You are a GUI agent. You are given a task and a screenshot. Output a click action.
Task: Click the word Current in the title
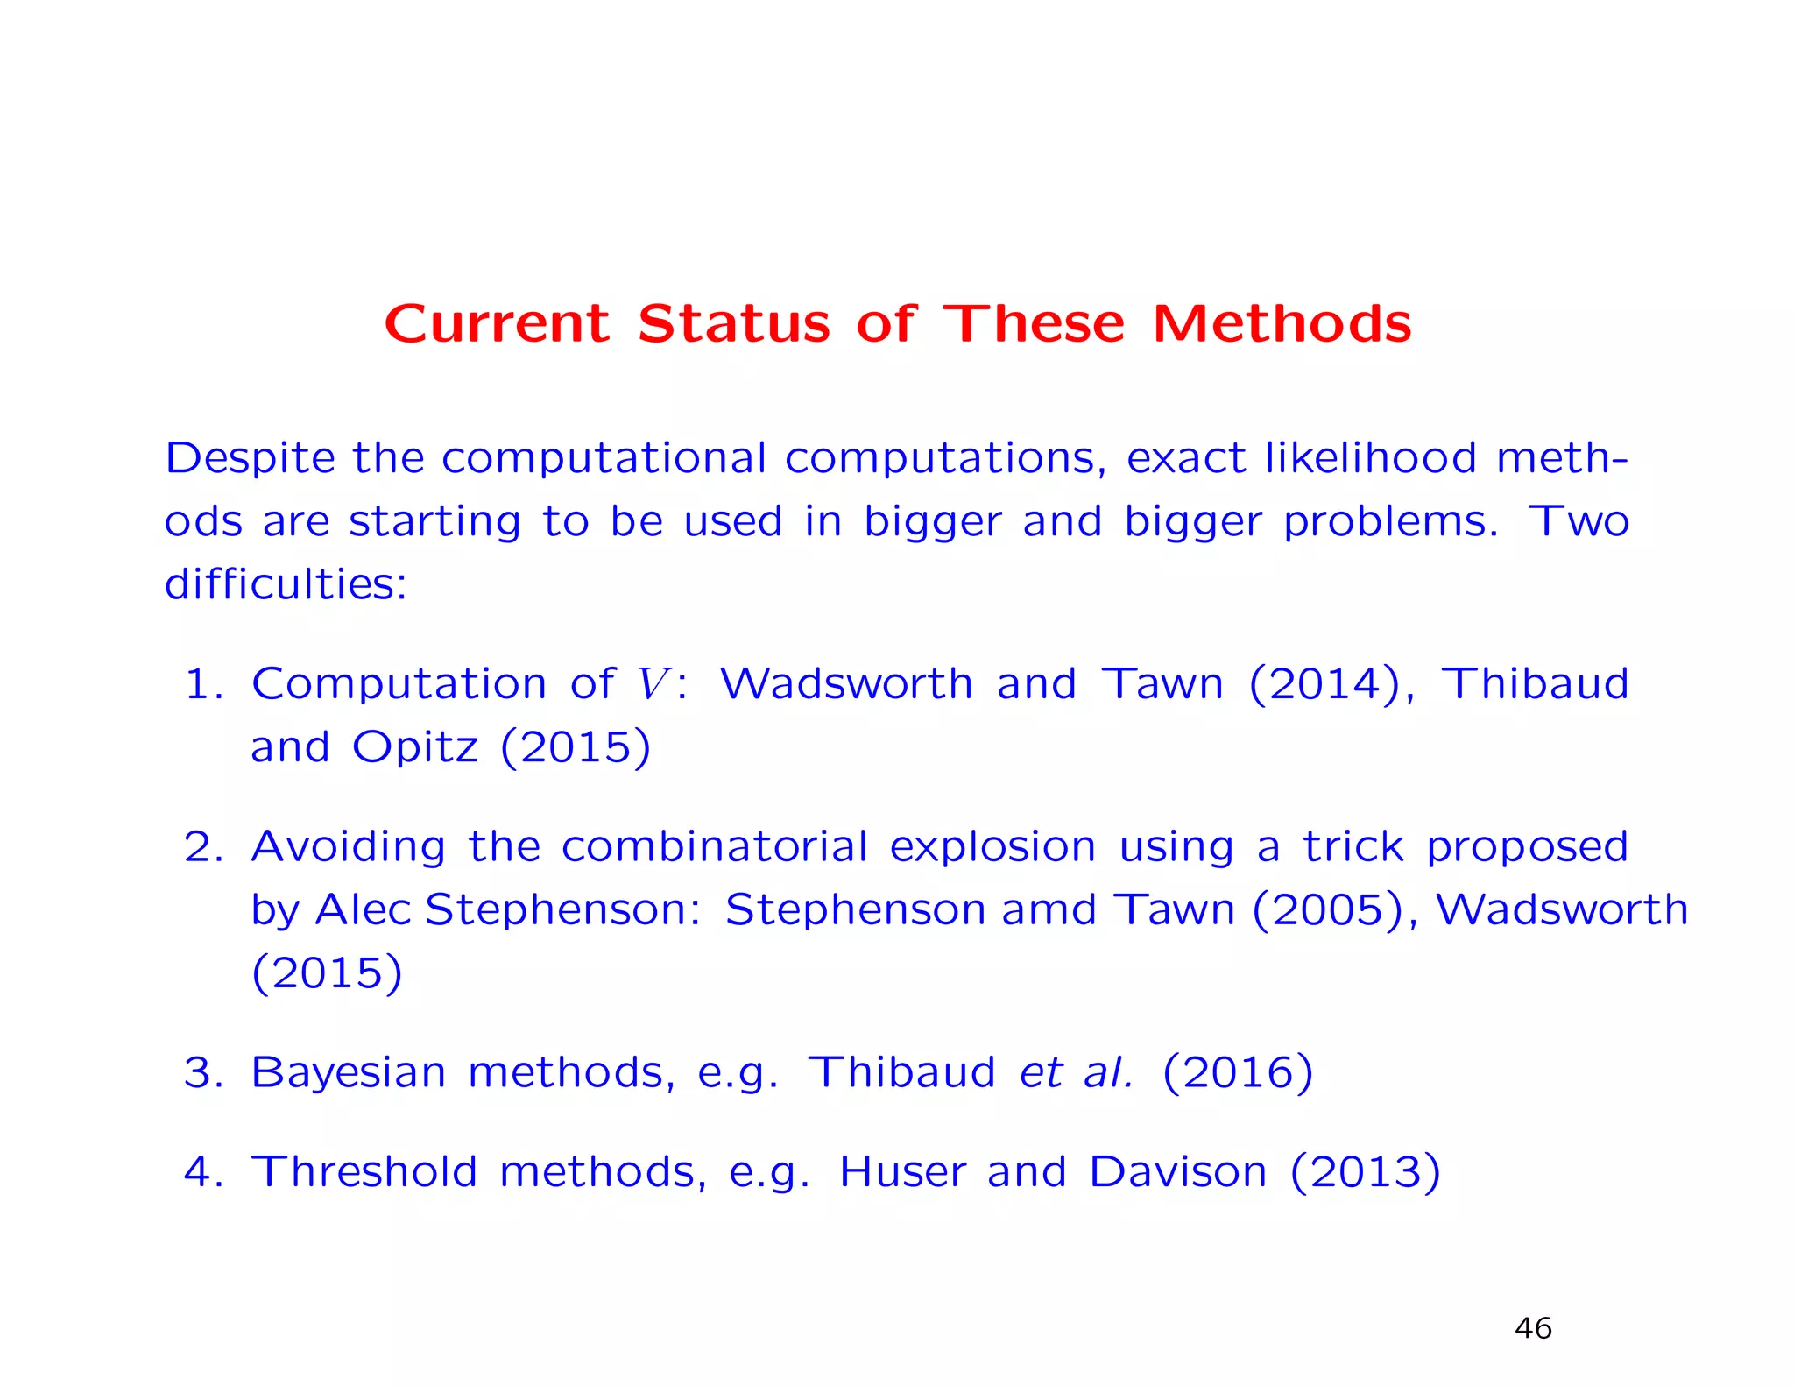pyautogui.click(x=497, y=323)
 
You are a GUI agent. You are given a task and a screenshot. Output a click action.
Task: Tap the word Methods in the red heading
pyautogui.click(x=1282, y=323)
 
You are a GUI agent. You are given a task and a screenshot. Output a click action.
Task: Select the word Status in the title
pyautogui.click(x=733, y=323)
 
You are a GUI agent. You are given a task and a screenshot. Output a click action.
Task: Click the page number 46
pyautogui.click(x=1533, y=1328)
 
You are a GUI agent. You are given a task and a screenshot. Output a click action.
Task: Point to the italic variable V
pyautogui.click(x=653, y=683)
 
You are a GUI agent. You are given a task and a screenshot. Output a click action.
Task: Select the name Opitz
pyautogui.click(x=415, y=747)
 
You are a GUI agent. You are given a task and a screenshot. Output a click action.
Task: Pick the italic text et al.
pyautogui.click(x=1076, y=1072)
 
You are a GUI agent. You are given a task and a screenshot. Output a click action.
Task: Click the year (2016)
pyautogui.click(x=1238, y=1072)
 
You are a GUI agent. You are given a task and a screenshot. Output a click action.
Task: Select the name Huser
pyautogui.click(x=902, y=1172)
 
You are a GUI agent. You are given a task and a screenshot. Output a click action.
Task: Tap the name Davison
pyautogui.click(x=1177, y=1172)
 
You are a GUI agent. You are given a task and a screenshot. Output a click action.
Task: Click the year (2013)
pyautogui.click(x=1365, y=1172)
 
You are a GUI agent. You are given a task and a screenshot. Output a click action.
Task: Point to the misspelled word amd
pyautogui.click(x=1049, y=909)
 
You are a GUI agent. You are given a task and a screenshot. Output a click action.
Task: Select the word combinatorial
pyautogui.click(x=714, y=847)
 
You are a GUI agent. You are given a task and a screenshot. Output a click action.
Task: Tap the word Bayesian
pyautogui.click(x=348, y=1072)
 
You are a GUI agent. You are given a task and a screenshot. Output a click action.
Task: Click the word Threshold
pyautogui.click(x=364, y=1172)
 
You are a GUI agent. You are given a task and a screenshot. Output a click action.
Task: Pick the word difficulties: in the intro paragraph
pyautogui.click(x=286, y=583)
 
